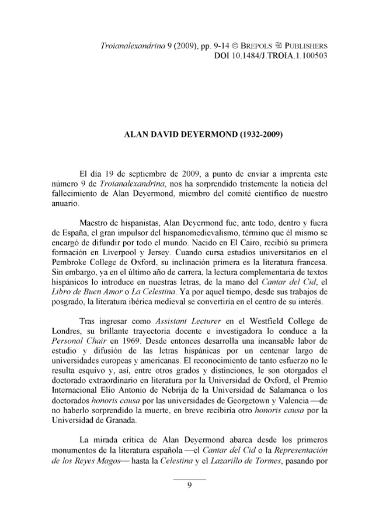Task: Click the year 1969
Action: pyautogui.click(x=128, y=343)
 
